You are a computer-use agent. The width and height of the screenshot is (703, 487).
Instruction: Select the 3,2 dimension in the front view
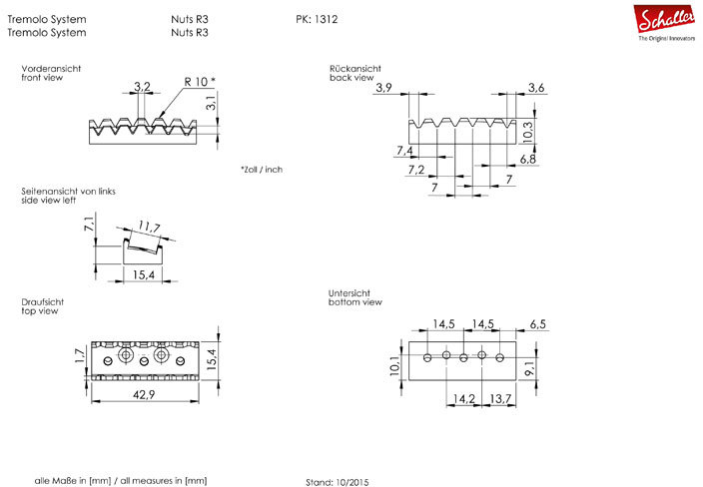[141, 88]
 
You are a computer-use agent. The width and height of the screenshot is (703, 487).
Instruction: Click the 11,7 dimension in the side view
[149, 229]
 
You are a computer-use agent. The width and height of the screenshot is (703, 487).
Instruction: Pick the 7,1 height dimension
[89, 225]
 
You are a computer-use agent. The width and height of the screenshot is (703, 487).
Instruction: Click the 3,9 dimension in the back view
[384, 89]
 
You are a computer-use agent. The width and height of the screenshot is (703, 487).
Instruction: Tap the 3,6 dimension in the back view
[535, 89]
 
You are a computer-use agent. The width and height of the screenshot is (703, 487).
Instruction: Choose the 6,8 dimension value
[527, 159]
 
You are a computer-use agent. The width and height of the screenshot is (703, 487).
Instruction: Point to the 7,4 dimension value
[404, 151]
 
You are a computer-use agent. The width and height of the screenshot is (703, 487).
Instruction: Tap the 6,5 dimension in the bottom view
[538, 324]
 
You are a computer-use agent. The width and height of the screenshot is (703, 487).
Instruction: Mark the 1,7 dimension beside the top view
[79, 355]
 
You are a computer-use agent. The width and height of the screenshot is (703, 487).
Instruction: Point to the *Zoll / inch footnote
[262, 170]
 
